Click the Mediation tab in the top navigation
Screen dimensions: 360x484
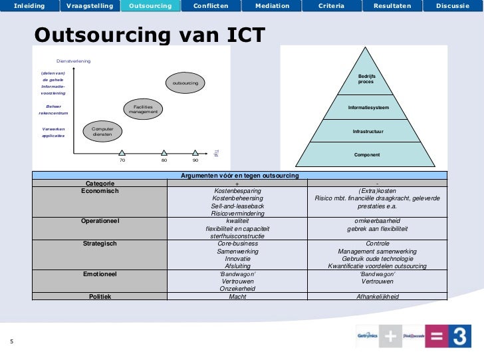coord(272,6)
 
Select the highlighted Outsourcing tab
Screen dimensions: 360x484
coord(150,6)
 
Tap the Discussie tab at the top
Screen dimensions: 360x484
coord(453,6)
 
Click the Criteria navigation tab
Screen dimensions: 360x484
coord(331,6)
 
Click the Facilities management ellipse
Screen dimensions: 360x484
coord(143,109)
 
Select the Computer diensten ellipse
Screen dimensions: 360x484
coord(102,132)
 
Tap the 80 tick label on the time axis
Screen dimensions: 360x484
coord(164,160)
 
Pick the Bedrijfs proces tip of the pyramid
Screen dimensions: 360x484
coord(366,79)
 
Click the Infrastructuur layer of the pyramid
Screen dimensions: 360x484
coord(368,131)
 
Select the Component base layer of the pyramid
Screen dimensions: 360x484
coord(367,154)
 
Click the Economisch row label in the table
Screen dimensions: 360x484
coord(100,190)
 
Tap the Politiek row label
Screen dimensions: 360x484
coord(100,296)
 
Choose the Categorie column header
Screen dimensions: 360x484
coord(100,183)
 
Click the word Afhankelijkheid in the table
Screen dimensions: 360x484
coord(377,296)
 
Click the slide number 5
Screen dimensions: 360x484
coord(12,342)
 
